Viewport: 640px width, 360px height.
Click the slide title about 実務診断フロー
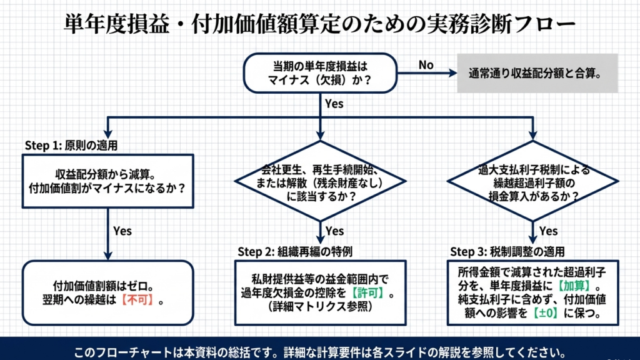click(320, 24)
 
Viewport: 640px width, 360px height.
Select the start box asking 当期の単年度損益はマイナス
click(319, 72)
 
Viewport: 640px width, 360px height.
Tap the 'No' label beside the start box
click(426, 65)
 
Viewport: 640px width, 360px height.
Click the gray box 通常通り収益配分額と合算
click(537, 72)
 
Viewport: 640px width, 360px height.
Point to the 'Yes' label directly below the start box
click(334, 104)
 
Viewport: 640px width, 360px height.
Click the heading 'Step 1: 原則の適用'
click(71, 145)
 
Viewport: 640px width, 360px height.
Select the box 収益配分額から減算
click(107, 180)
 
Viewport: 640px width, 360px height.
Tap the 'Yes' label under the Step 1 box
click(122, 231)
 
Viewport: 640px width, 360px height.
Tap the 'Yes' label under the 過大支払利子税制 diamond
click(548, 231)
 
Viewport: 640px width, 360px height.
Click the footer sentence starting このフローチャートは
click(320, 349)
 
